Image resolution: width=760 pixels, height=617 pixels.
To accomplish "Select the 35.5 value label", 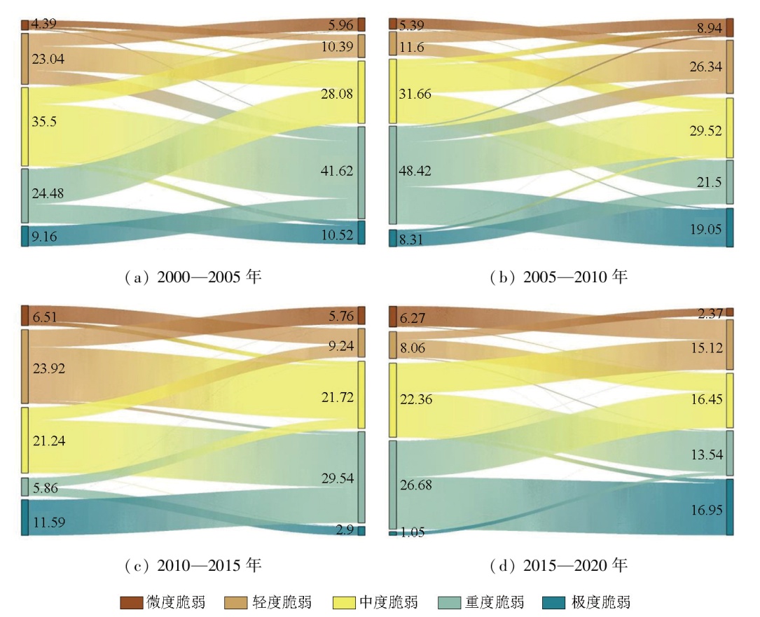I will tap(43, 121).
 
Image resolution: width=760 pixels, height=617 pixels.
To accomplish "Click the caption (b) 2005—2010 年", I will tap(559, 277).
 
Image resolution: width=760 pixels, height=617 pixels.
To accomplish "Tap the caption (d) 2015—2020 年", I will tap(559, 564).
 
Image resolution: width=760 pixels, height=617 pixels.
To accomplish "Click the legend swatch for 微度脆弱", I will tap(132, 602).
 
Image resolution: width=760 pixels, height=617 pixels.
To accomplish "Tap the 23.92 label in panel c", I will tap(47, 368).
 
